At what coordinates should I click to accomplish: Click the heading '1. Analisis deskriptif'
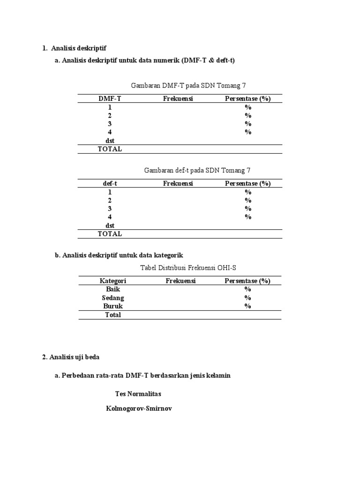77,48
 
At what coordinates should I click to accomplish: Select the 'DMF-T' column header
110,98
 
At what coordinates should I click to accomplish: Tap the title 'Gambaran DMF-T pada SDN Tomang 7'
188,85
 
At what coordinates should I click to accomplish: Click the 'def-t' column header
110,183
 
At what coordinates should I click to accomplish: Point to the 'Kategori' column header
113,281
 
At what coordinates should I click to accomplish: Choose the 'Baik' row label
113,289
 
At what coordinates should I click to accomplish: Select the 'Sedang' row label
113,298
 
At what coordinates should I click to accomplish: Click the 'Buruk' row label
113,306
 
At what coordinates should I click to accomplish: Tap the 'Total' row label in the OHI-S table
113,315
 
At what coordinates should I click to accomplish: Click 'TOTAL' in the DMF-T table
110,149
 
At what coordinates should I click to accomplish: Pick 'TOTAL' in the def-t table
110,233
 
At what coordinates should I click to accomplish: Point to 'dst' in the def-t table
110,225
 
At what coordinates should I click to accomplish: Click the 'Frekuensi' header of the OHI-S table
180,281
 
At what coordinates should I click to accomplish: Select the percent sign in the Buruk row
247,306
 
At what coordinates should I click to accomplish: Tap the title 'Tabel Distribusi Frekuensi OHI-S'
188,268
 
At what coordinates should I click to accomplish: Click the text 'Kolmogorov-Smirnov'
139,408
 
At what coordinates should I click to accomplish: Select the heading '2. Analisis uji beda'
71,357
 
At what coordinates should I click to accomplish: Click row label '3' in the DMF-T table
110,124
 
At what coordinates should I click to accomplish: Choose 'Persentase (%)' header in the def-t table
247,183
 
